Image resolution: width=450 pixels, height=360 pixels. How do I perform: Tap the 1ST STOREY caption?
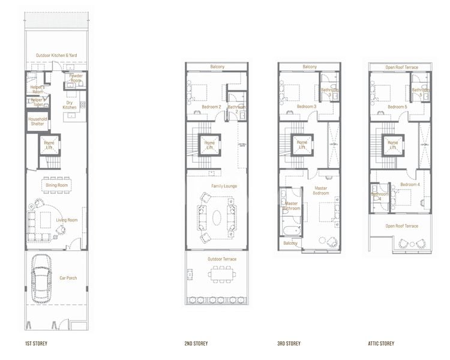pyautogui.click(x=36, y=344)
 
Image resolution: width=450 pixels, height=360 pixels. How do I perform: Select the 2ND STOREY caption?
pyautogui.click(x=196, y=344)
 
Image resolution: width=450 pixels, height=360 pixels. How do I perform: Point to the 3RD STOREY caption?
pyautogui.click(x=289, y=344)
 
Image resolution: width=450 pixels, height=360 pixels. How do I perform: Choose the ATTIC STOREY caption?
pyautogui.click(x=382, y=344)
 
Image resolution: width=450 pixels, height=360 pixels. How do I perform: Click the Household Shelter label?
pyautogui.click(x=37, y=121)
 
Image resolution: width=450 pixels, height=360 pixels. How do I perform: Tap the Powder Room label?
pyautogui.click(x=76, y=77)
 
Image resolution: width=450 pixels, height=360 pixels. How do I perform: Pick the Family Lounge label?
pyautogui.click(x=224, y=186)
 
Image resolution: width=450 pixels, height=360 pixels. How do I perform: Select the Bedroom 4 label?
pyautogui.click(x=410, y=184)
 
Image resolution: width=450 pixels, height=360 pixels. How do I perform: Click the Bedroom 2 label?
pyautogui.click(x=212, y=107)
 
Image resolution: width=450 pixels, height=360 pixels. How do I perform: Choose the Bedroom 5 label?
pyautogui.click(x=397, y=107)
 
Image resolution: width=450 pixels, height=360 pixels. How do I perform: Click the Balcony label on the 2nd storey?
pyautogui.click(x=217, y=67)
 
